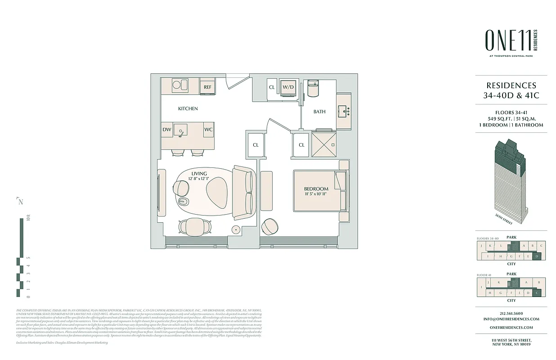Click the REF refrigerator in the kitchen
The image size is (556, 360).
pos(207,86)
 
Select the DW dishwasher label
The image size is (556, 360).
pos(167,130)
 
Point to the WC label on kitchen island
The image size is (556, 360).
pos(208,130)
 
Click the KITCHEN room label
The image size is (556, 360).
pos(188,108)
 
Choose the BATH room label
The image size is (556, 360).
pos(319,112)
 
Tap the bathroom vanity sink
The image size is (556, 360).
pos(344,111)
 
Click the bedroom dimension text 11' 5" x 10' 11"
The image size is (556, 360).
pos(316,194)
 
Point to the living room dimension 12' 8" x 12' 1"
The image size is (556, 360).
pos(199,179)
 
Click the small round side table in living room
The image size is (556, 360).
pos(236,229)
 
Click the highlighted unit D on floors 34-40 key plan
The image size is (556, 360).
pos(537,256)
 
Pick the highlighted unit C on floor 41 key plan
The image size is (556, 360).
pos(537,293)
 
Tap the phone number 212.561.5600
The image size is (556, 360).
pos(512,314)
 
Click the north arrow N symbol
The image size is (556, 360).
pos(20,201)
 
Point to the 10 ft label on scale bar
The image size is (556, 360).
pos(28,220)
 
